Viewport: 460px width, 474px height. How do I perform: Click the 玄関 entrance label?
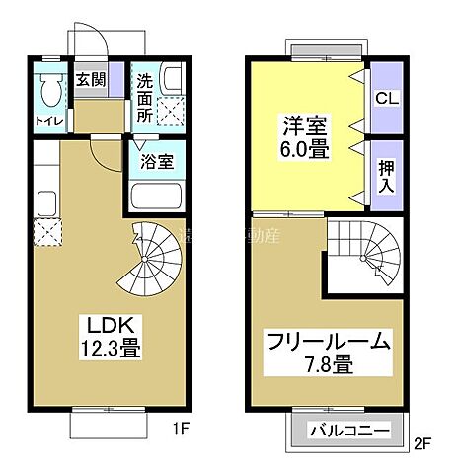pyautogui.click(x=91, y=80)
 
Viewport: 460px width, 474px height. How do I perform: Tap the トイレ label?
pyautogui.click(x=49, y=121)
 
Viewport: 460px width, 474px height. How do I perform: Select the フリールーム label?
pyautogui.click(x=328, y=343)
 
